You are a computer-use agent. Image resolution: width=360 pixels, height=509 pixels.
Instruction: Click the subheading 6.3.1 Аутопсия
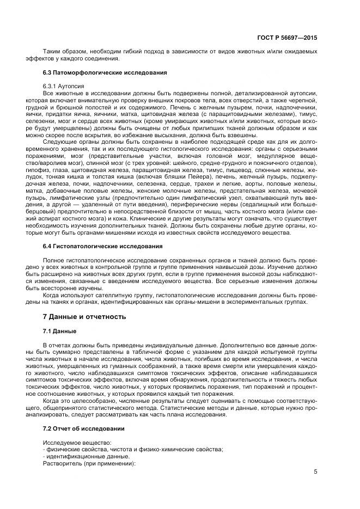(63, 87)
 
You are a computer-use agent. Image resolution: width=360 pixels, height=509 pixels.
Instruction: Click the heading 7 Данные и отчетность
(84, 316)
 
